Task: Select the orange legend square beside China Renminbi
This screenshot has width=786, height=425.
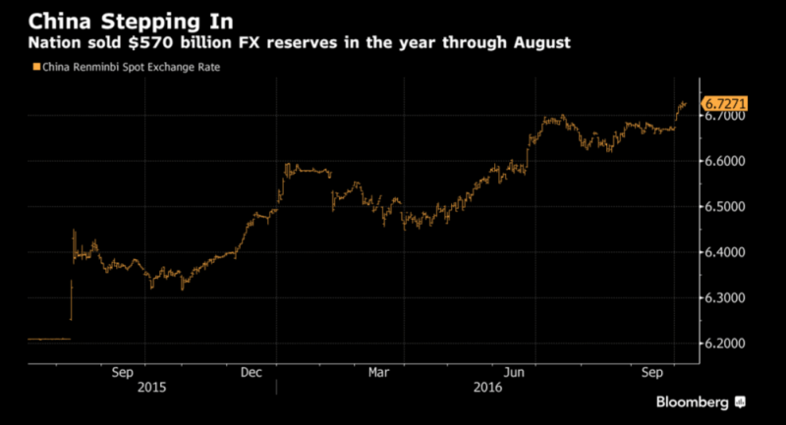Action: [x=35, y=66]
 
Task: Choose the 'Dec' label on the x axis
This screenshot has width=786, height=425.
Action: [x=252, y=372]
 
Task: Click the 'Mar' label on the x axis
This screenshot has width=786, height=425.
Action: [x=379, y=372]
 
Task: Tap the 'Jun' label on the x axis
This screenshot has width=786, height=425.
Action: [x=512, y=372]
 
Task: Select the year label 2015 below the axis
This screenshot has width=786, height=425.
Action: [x=152, y=387]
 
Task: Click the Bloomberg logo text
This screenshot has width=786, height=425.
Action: [x=693, y=402]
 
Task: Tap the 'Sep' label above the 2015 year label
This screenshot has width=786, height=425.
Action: [x=123, y=372]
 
